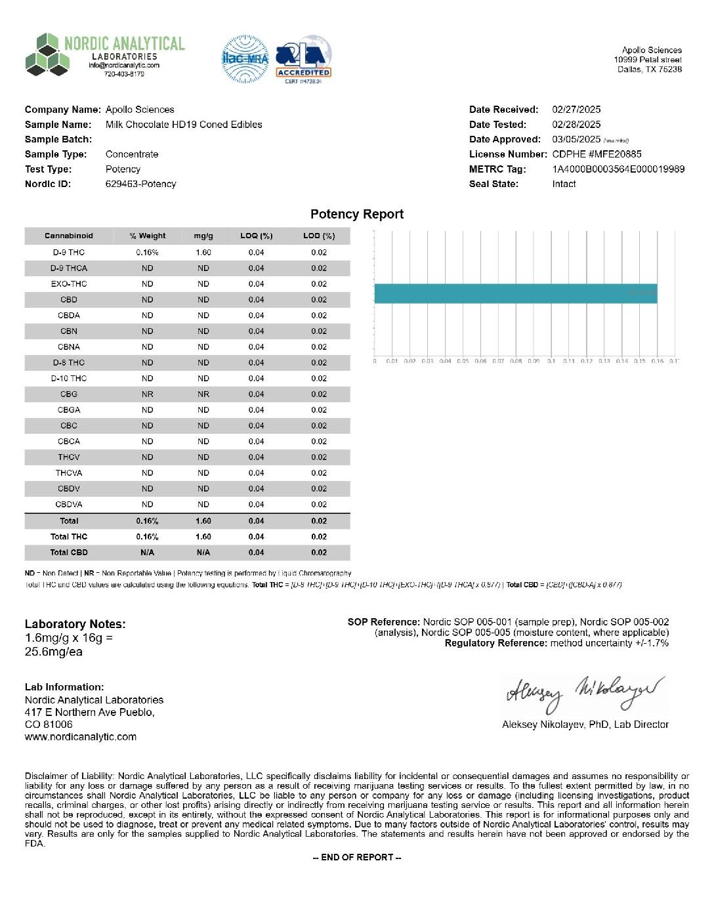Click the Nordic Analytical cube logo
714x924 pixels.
pyautogui.click(x=47, y=55)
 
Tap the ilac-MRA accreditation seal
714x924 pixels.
pyautogui.click(x=245, y=59)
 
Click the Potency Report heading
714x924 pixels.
pyautogui.click(x=357, y=215)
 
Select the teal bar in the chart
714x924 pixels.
pyautogui.click(x=515, y=293)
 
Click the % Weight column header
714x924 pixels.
pyautogui.click(x=148, y=236)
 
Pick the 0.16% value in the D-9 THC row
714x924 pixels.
pyautogui.click(x=148, y=253)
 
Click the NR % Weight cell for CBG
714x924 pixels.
pyautogui.click(x=148, y=394)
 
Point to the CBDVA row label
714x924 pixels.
pyautogui.click(x=69, y=505)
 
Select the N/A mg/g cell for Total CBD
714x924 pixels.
pyautogui.click(x=203, y=553)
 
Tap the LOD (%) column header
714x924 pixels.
pyautogui.click(x=319, y=236)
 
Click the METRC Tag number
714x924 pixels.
pyautogui.click(x=618, y=169)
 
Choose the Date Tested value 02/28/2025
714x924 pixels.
pyautogui.click(x=576, y=125)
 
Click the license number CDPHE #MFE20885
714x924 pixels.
pyautogui.click(x=597, y=154)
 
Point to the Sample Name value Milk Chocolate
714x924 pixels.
pyautogui.click(x=184, y=125)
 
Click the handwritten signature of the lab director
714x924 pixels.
pyautogui.click(x=585, y=693)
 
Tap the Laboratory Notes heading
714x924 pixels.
pyautogui.click(x=75, y=624)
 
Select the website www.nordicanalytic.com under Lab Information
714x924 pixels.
pyautogui.click(x=81, y=737)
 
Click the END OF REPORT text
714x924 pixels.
pyautogui.click(x=357, y=857)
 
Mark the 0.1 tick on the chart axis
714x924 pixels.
pyautogui.click(x=551, y=361)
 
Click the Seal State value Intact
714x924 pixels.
pyautogui.click(x=564, y=184)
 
